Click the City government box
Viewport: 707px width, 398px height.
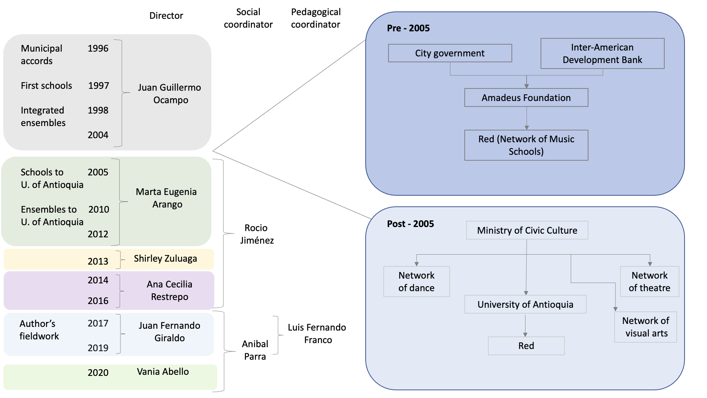(450, 53)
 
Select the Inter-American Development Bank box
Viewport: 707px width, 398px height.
(602, 53)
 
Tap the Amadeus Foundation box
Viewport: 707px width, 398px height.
(526, 98)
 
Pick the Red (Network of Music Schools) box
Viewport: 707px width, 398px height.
(526, 145)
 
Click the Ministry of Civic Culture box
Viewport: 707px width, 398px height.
(527, 230)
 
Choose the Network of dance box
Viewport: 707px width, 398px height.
(416, 282)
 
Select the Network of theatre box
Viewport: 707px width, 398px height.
(649, 282)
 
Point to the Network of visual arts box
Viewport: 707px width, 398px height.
(646, 327)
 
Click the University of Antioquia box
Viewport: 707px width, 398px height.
(525, 304)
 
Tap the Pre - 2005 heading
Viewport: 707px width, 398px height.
(408, 28)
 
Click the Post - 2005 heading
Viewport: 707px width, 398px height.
(410, 224)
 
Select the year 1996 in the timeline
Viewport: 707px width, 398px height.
(98, 49)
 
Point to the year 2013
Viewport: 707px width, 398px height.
(98, 261)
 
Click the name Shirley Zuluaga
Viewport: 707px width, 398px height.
(165, 259)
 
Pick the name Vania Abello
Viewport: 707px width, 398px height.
(163, 371)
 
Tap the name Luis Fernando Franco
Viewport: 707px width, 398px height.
(317, 334)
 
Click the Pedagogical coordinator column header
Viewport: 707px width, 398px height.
(316, 18)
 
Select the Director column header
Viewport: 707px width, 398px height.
(166, 16)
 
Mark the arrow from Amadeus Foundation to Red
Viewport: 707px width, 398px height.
(527, 118)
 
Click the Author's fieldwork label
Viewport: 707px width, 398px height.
(39, 330)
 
